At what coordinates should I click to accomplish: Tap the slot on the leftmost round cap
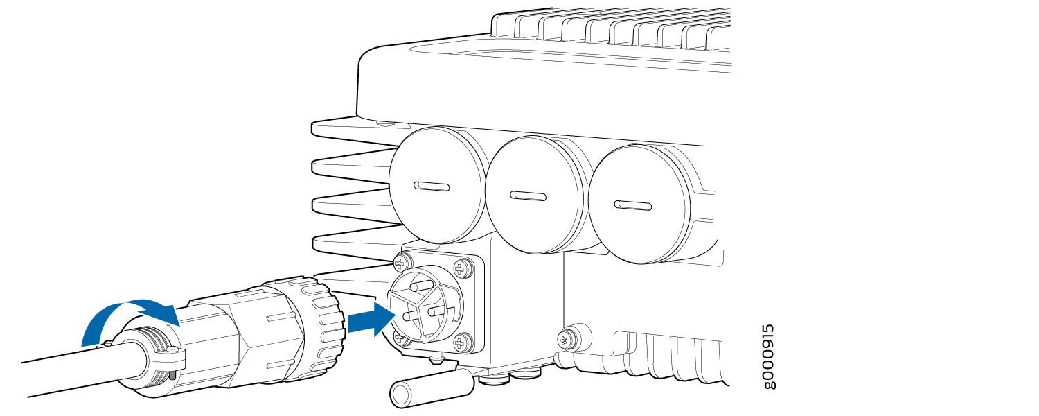pos(432,187)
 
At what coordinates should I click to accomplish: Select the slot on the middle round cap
pos(528,196)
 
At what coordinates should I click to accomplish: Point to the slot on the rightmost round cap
pos(632,206)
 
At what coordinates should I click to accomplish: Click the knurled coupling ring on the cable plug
pos(320,325)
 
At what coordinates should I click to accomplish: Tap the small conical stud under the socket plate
pos(435,358)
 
